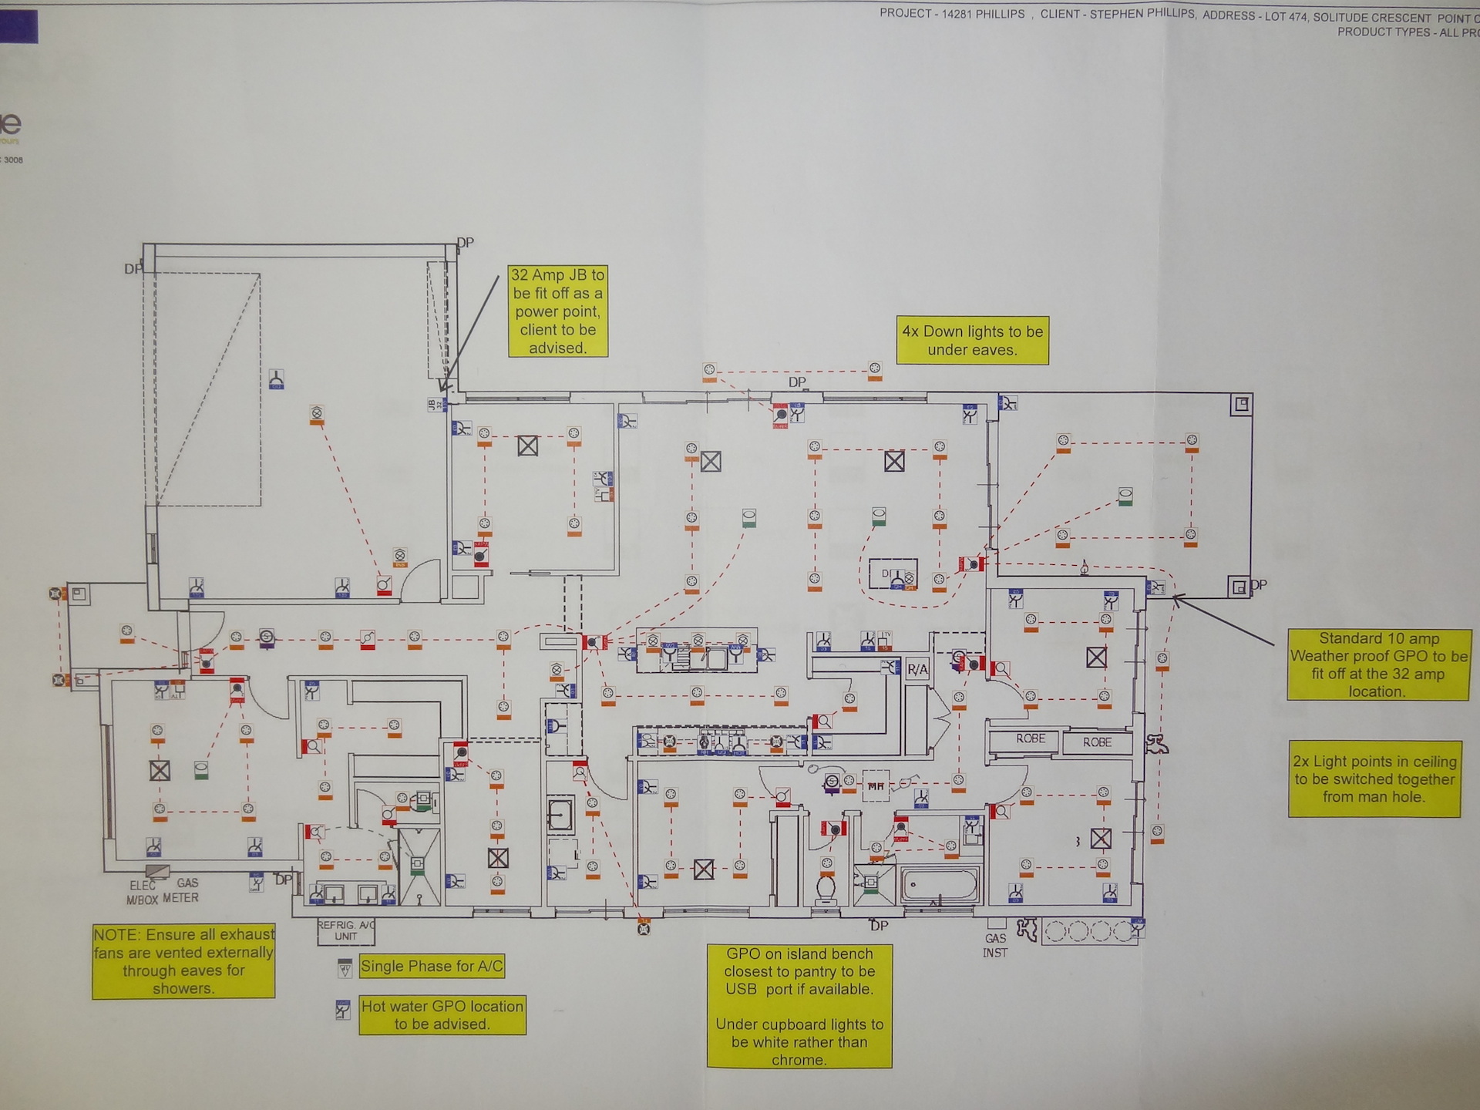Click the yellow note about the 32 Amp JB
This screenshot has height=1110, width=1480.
557,311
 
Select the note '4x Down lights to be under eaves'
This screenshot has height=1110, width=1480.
972,341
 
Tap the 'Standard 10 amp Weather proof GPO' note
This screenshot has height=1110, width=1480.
1378,664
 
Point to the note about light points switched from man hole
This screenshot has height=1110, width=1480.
1374,779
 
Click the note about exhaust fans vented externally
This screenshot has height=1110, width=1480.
183,961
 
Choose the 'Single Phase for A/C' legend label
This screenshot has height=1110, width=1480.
432,967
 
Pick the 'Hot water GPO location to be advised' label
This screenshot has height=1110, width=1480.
442,1015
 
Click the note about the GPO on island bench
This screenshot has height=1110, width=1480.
799,1007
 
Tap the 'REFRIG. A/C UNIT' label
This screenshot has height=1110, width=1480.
346,930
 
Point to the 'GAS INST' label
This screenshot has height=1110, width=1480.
994,946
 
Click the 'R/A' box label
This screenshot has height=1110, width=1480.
917,669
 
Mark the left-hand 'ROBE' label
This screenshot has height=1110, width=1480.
1031,738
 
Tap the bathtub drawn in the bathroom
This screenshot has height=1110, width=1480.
939,886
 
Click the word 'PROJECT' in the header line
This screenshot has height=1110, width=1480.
906,13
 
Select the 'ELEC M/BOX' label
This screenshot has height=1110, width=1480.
143,893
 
